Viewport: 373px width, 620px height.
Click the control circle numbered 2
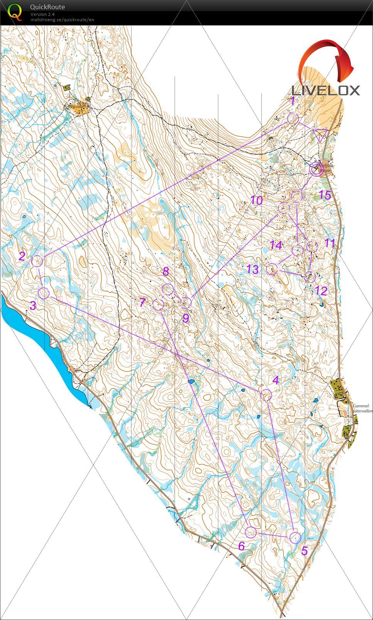point(37,262)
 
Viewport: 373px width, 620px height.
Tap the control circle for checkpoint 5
point(295,537)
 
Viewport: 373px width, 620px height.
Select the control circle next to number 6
point(251,532)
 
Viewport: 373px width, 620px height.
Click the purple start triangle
point(319,136)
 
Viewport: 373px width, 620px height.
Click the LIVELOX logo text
point(326,91)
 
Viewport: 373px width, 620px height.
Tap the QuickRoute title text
point(47,7)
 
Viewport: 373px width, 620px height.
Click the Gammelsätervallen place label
point(361,408)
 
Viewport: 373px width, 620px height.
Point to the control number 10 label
point(257,200)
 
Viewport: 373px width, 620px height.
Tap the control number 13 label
point(252,269)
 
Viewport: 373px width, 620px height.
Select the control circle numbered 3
point(44,293)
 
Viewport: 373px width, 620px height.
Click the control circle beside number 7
point(158,305)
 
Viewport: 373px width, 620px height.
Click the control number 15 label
point(325,195)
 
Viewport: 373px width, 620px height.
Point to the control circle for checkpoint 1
point(293,119)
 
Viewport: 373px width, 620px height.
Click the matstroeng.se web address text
point(62,20)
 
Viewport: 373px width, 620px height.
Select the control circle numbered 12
point(310,276)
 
